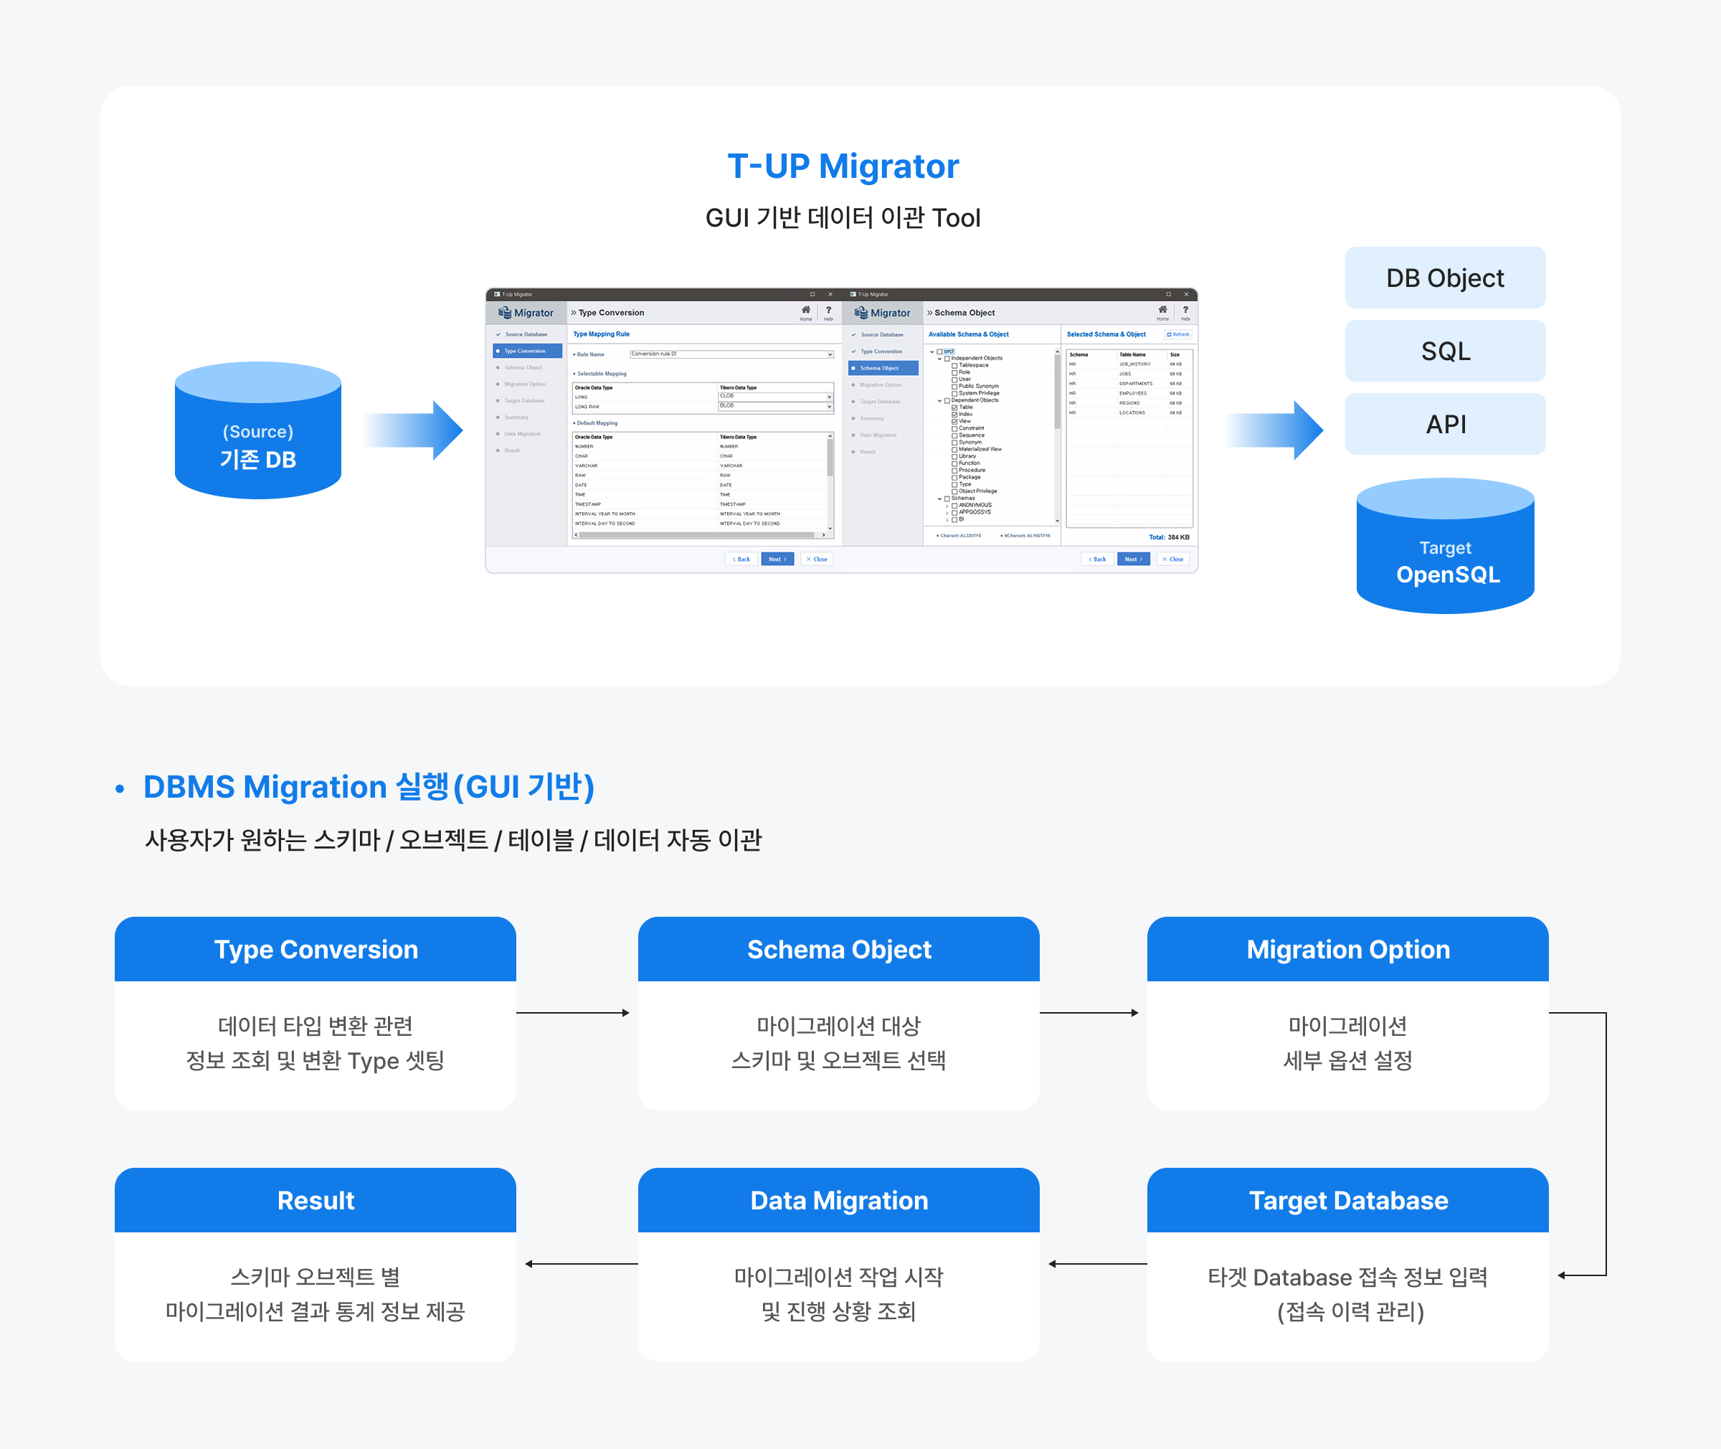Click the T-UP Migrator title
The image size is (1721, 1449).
tap(843, 166)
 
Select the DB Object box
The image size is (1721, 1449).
tap(1444, 278)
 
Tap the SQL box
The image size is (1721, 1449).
tap(1444, 351)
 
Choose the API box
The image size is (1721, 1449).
tap(1444, 424)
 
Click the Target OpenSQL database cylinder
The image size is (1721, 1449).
tap(1444, 548)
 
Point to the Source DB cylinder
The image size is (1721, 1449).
tap(258, 432)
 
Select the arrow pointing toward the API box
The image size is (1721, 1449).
tap(1275, 430)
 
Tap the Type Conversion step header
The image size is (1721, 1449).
tap(316, 949)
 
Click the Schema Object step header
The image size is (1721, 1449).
tap(838, 949)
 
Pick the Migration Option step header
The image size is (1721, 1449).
tap(1347, 949)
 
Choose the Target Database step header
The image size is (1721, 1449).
tap(1347, 1200)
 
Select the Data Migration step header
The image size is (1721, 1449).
tap(838, 1200)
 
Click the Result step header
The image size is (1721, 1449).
tap(316, 1200)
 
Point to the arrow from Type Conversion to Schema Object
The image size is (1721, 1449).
tap(573, 1013)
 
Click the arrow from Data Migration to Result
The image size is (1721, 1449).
tap(581, 1263)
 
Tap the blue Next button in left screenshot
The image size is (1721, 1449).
tap(777, 560)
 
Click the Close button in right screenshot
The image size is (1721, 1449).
tap(1172, 560)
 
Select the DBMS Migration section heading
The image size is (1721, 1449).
tap(369, 786)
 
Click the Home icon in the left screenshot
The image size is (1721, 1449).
tap(805, 311)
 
